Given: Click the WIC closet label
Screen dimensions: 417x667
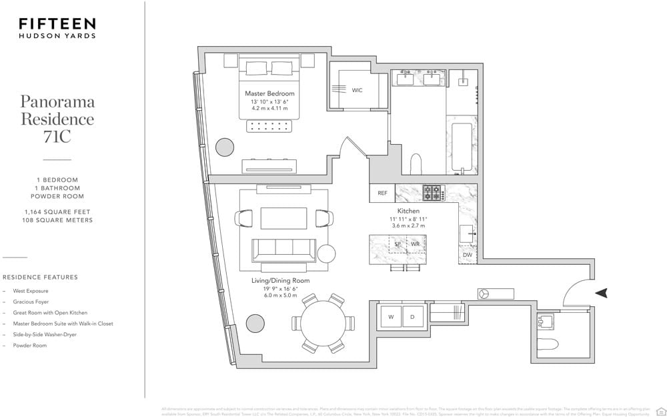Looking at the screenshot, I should point(357,90).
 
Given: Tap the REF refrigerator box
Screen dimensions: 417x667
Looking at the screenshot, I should point(382,193).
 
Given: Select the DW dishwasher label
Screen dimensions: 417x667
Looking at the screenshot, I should point(467,255).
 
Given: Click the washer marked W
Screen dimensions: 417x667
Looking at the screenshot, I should point(391,317).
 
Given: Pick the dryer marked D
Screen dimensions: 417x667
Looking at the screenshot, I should point(412,317).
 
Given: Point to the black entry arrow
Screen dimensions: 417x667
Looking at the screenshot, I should point(602,292).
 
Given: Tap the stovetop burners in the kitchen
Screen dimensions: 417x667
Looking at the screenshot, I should point(432,193).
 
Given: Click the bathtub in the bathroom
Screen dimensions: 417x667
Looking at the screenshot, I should point(462,147).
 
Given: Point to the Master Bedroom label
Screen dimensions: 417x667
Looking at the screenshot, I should point(269,93).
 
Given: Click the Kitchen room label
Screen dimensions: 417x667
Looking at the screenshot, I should point(408,211).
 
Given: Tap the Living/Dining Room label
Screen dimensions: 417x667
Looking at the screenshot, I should point(280,281).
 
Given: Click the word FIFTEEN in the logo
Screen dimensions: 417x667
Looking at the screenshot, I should point(57,24).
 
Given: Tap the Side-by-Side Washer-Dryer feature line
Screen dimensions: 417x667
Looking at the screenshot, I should point(45,334).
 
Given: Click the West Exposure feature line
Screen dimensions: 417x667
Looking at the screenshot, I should point(31,291).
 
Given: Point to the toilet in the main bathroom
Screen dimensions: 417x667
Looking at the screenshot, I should point(416,164).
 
